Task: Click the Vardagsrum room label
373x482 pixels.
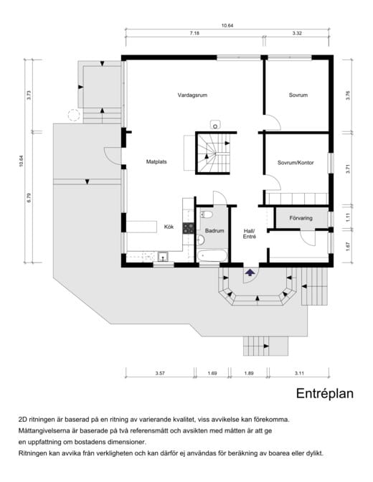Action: [192, 95]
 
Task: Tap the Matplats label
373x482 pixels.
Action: [156, 161]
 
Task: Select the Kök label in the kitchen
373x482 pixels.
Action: [169, 227]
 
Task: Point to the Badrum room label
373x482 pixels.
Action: [214, 230]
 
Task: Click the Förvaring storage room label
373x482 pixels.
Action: [301, 218]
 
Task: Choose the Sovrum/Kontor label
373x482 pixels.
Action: [296, 163]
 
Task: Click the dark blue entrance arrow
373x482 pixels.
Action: [250, 272]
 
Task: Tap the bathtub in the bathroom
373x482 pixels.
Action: [212, 256]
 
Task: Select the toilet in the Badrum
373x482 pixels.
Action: [207, 214]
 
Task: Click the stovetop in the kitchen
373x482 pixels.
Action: [188, 228]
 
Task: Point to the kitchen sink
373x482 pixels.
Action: [163, 256]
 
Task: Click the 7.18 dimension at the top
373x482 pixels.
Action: [194, 34]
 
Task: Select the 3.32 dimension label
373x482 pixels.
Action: [297, 34]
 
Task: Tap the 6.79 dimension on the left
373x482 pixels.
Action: [29, 198]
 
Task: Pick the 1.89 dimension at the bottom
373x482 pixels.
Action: [249, 373]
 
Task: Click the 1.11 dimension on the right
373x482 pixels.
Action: [348, 217]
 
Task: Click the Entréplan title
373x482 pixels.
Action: [325, 394]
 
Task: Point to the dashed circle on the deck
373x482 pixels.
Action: [74, 115]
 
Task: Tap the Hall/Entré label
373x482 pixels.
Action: [250, 234]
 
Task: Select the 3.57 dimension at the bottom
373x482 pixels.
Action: [160, 373]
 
